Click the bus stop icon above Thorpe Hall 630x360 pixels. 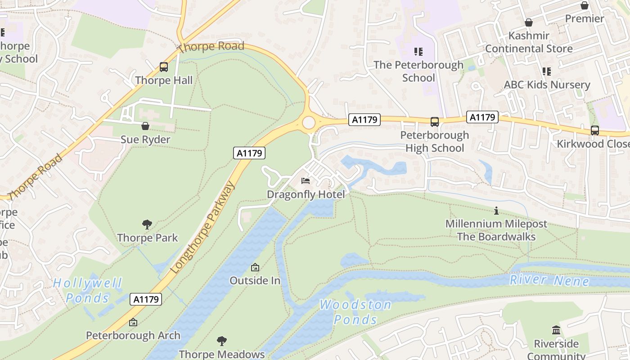pyautogui.click(x=164, y=67)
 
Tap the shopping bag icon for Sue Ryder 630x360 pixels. pyautogui.click(x=145, y=126)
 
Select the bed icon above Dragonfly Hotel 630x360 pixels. pyautogui.click(x=306, y=181)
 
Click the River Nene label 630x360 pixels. pyautogui.click(x=549, y=280)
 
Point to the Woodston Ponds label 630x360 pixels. pyautogui.click(x=355, y=312)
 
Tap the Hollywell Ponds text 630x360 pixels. pyautogui.click(x=88, y=291)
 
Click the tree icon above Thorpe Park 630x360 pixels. pyautogui.click(x=147, y=224)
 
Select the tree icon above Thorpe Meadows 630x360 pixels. pyautogui.click(x=221, y=341)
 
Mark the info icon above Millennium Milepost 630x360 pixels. pyautogui.click(x=496, y=211)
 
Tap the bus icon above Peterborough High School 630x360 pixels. pyautogui.click(x=435, y=121)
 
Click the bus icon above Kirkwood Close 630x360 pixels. pyautogui.click(x=594, y=130)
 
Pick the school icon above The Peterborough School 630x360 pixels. pyautogui.click(x=418, y=52)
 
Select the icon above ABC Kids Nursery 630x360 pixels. pyautogui.click(x=547, y=72)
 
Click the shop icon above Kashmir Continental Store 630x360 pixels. pyautogui.click(x=529, y=22)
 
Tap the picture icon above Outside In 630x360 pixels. pyautogui.click(x=255, y=267)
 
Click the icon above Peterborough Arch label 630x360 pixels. pyautogui.click(x=133, y=322)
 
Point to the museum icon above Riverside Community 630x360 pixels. pyautogui.click(x=556, y=330)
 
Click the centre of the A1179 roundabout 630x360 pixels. pyautogui.click(x=309, y=122)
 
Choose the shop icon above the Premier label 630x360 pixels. pyautogui.click(x=584, y=5)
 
